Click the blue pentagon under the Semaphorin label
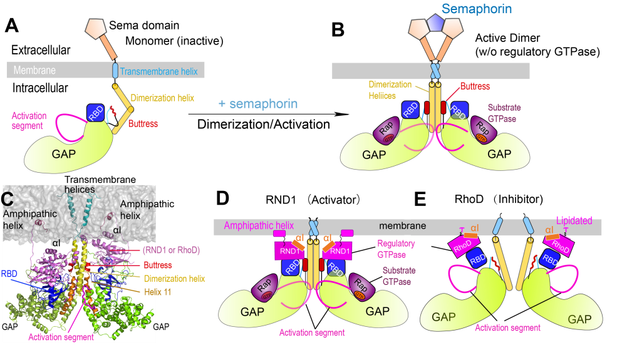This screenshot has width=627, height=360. (436, 24)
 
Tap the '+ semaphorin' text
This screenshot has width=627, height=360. (257, 104)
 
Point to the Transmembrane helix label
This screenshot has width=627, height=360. (158, 71)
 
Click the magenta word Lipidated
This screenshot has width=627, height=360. (574, 220)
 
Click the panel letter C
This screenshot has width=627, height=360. (7, 199)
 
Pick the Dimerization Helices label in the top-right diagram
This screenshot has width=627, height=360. (390, 90)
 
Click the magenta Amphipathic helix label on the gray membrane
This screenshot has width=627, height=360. (259, 225)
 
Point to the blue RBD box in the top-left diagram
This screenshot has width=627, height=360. (96, 113)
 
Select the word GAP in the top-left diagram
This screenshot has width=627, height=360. (67, 153)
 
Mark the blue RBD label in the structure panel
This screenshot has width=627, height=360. (9, 274)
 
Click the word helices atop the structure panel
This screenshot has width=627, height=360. (80, 189)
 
